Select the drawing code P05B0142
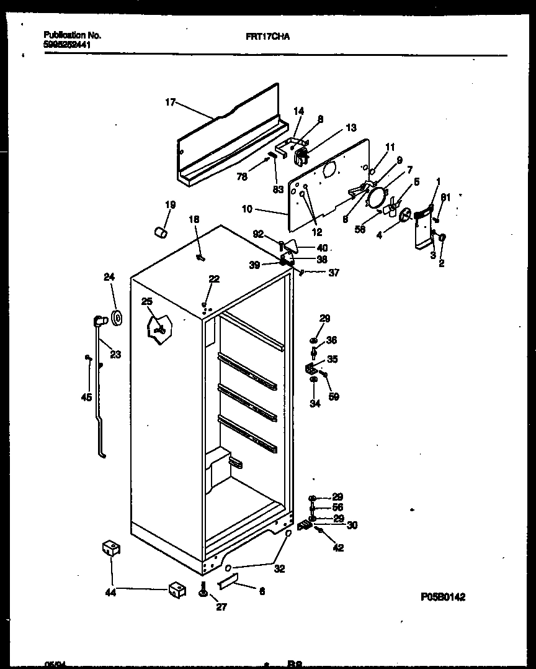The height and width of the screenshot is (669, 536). click(x=442, y=596)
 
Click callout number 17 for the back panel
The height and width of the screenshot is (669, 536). click(x=171, y=102)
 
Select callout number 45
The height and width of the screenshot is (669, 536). click(x=86, y=397)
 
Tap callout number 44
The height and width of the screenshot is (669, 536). click(x=110, y=593)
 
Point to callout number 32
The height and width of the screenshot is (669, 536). click(x=280, y=568)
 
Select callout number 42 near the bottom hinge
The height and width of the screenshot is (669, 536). click(x=337, y=548)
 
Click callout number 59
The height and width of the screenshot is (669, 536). click(x=334, y=396)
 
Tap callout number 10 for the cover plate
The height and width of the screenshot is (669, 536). click(x=247, y=209)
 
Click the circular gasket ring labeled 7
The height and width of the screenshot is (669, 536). click(x=375, y=198)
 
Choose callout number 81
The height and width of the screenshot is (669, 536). click(x=444, y=198)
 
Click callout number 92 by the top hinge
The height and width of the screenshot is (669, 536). click(x=259, y=235)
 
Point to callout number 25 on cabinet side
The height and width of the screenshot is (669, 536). click(x=146, y=301)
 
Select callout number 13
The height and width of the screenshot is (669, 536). click(x=351, y=128)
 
